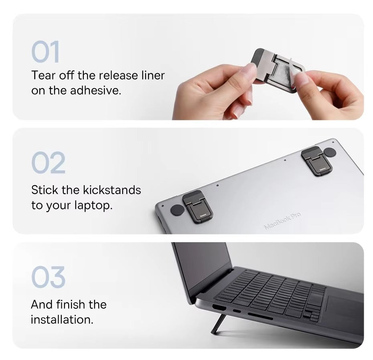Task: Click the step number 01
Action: point(45,52)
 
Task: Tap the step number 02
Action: point(48,163)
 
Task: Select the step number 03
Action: point(48,277)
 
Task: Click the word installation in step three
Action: point(62,320)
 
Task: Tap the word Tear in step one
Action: point(43,75)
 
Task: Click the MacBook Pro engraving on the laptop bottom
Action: point(282,221)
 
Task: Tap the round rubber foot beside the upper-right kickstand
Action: point(329,152)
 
